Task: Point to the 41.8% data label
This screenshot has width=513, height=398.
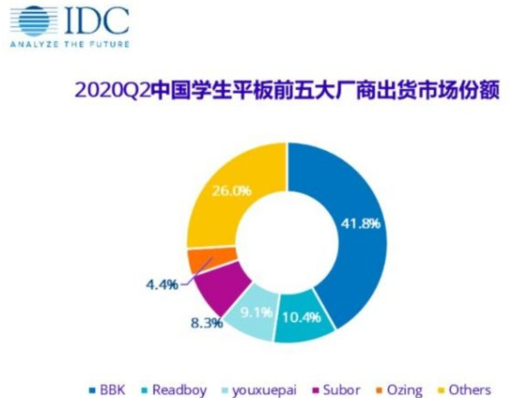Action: pos(361,224)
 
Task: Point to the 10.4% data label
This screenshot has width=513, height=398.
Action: pos(301,316)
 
